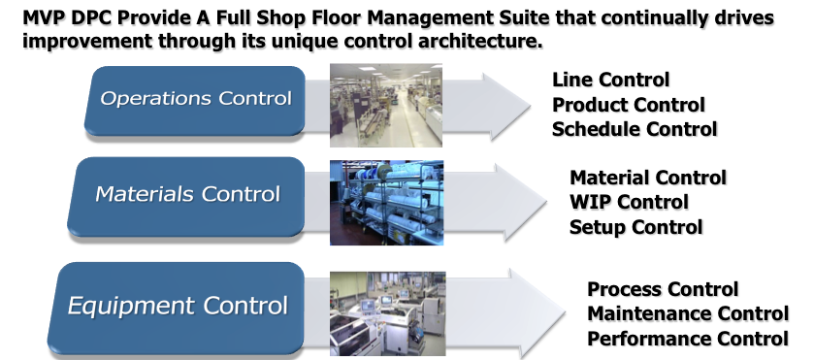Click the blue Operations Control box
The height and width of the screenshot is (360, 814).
(x=195, y=100)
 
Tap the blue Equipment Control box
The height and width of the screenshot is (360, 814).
(x=176, y=308)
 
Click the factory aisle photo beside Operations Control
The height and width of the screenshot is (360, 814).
(x=386, y=105)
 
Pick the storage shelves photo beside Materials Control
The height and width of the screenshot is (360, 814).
(x=387, y=203)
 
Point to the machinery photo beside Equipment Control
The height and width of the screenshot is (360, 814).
(x=388, y=313)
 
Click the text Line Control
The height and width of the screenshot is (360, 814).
(x=610, y=80)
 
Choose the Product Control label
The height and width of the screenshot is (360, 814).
(x=628, y=105)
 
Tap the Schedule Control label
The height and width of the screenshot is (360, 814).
(x=635, y=129)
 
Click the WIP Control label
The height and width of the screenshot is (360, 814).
(x=629, y=202)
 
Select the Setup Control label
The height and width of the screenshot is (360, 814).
(x=635, y=227)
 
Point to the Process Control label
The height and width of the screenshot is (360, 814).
(x=663, y=289)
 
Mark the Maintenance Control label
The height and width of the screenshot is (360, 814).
(x=688, y=313)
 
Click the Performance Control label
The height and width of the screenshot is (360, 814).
(x=688, y=339)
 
